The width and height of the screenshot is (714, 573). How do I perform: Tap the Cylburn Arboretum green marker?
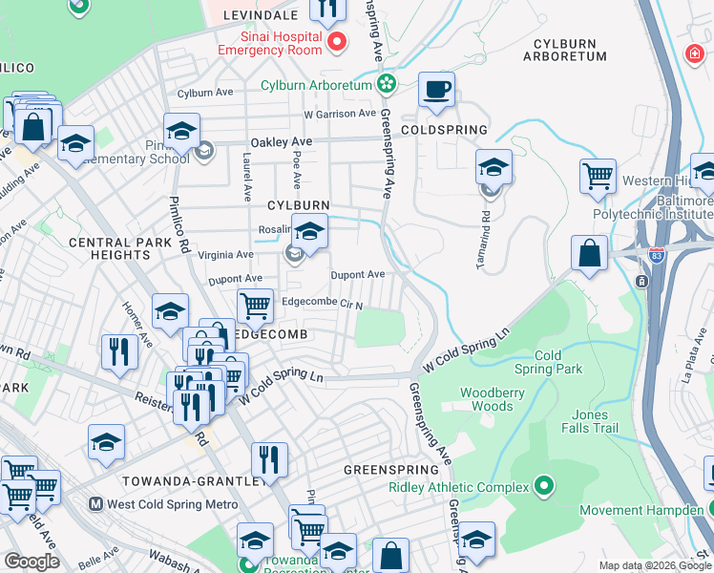pos(387,85)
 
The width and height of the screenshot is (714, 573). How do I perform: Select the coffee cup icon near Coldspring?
pos(437,90)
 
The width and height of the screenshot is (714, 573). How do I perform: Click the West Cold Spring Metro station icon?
pos(95,504)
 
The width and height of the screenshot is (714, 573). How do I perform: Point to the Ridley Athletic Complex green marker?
pos(544,487)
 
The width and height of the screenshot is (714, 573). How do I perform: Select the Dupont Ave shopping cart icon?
pos(255,306)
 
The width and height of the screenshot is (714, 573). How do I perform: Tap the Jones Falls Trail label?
pos(590,422)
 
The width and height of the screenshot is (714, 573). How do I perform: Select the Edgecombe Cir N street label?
pos(322,303)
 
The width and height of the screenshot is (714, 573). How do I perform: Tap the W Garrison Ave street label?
pos(340,114)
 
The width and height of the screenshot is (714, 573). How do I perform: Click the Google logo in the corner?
pos(31,562)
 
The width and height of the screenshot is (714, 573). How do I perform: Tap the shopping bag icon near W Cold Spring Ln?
pos(590,254)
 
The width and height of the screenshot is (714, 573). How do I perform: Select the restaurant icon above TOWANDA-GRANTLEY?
pos(270,459)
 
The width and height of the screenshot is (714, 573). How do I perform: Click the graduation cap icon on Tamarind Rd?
pos(493,167)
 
